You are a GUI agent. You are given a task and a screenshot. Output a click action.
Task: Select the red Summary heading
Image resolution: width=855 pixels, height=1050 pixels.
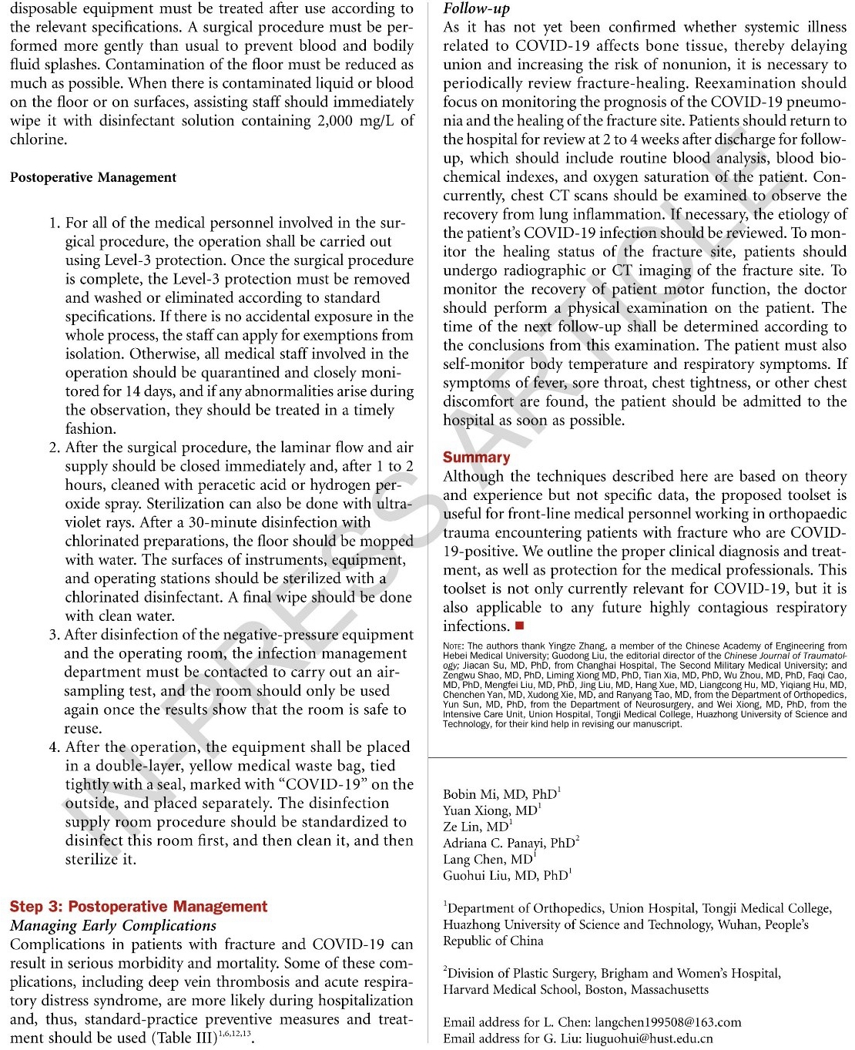pos(476,458)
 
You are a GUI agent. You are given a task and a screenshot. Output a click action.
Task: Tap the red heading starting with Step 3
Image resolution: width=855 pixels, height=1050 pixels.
pos(139,907)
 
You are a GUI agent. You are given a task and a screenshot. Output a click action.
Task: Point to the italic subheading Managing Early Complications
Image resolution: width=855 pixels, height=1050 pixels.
pos(113,926)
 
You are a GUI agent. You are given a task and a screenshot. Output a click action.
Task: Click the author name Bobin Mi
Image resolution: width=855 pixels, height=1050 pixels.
pos(472,794)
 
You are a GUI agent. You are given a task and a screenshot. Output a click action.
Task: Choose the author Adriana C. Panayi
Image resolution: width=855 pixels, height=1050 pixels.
pos(497,843)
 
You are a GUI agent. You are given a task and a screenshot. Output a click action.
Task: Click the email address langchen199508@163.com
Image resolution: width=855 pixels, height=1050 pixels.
pos(668,1022)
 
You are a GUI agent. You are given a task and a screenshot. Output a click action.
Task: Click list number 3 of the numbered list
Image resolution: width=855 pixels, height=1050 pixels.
pos(54,635)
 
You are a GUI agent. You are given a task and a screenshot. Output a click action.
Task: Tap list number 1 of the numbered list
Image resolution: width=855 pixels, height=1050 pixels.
pos(54,223)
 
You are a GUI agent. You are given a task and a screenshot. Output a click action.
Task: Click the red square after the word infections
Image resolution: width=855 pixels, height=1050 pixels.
pos(519,626)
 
